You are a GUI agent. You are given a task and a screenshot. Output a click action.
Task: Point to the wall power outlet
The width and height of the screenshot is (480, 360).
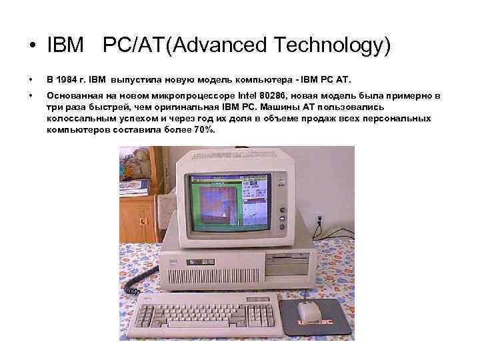320,219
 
